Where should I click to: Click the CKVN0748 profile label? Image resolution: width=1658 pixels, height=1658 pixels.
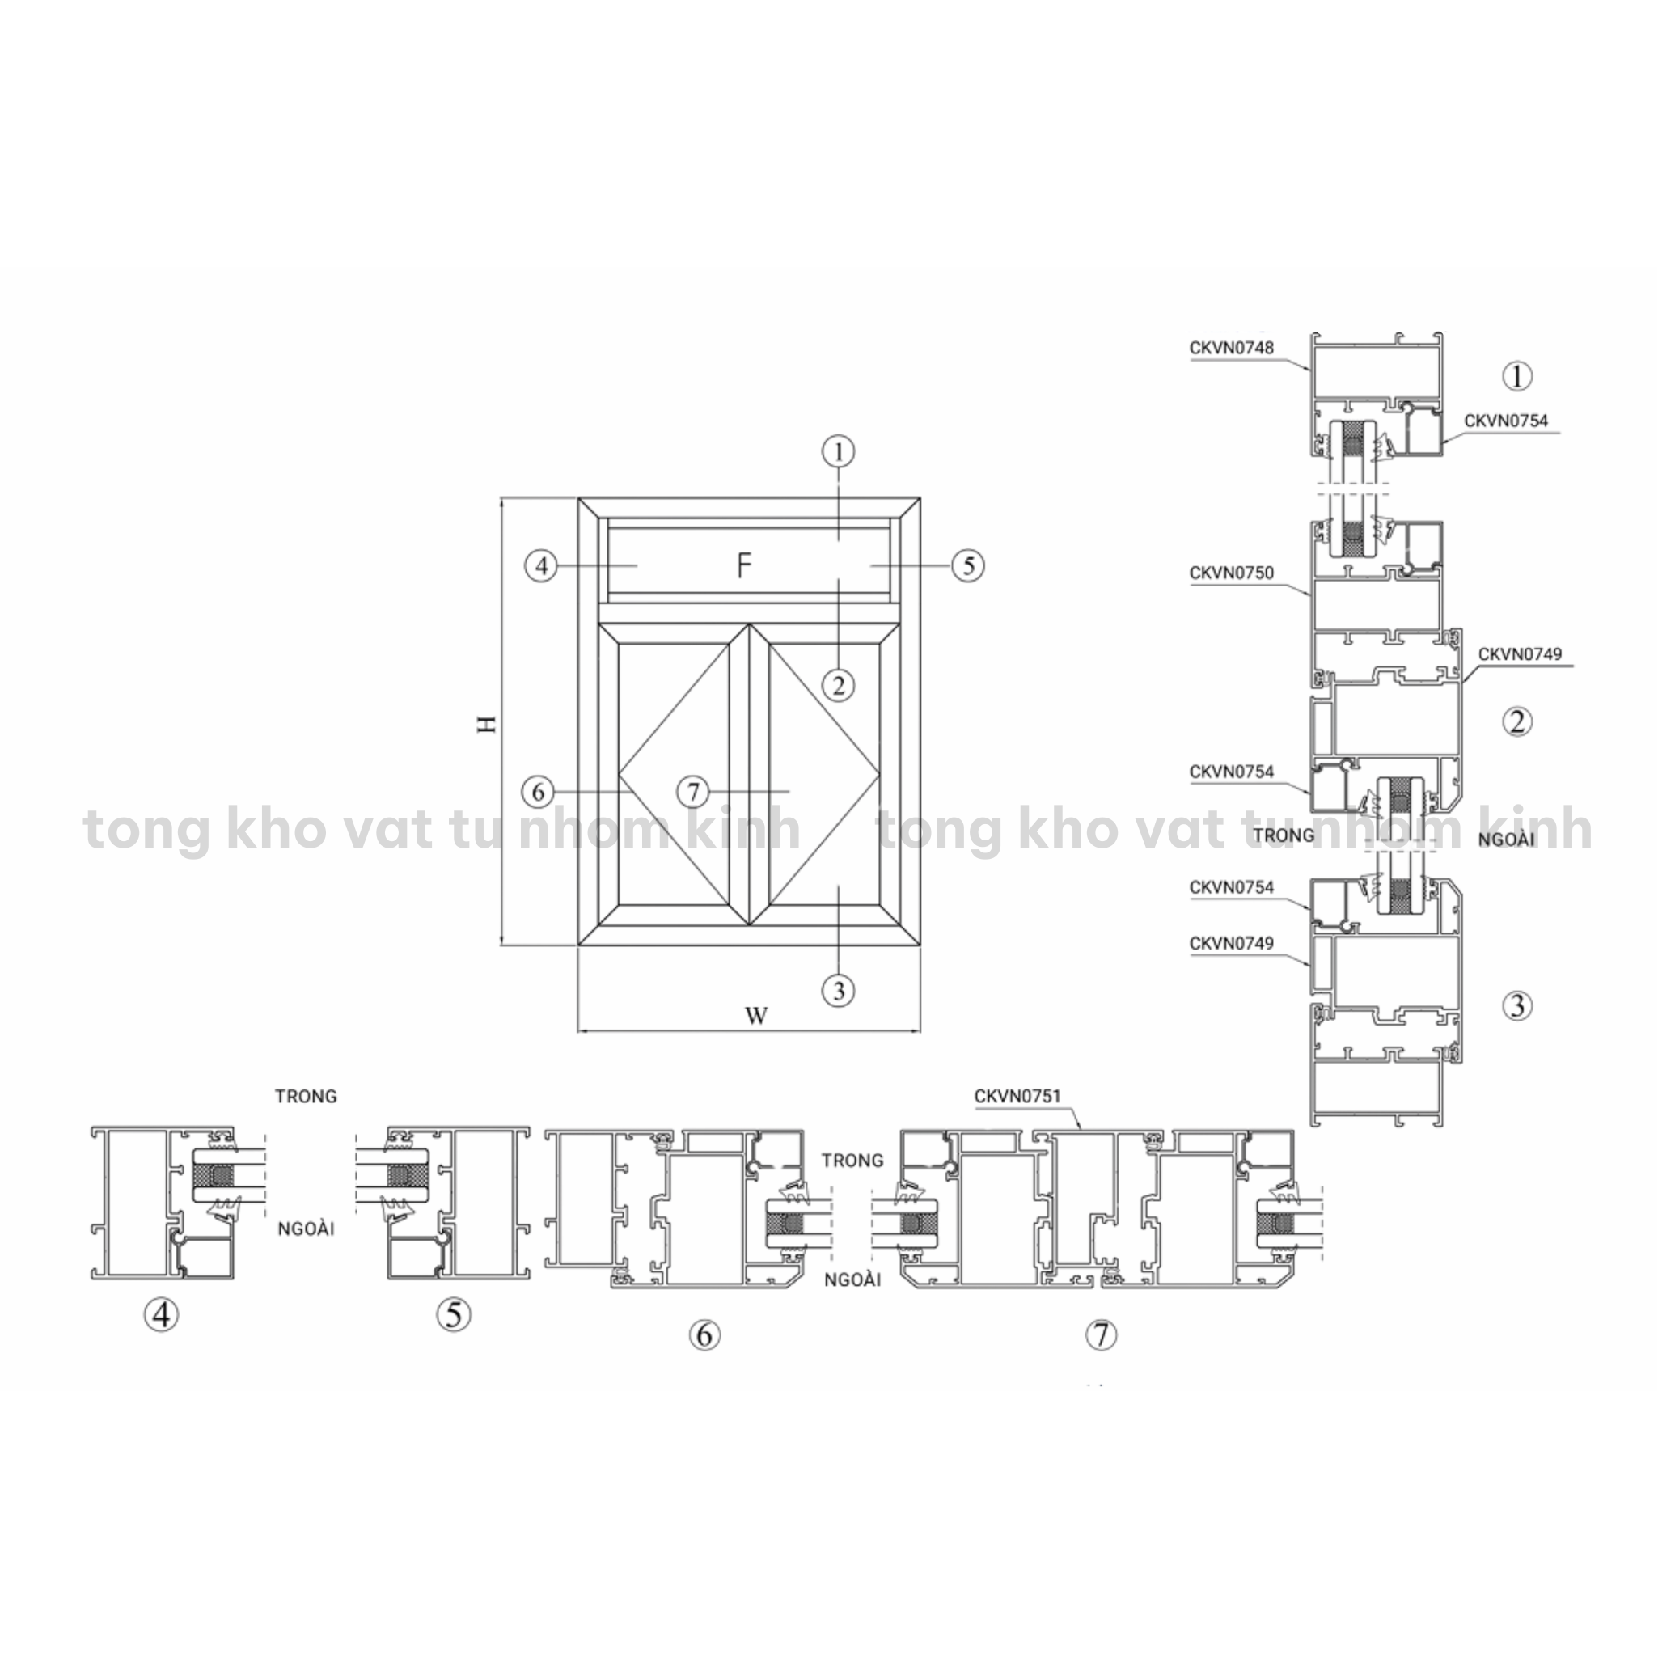(x=1232, y=348)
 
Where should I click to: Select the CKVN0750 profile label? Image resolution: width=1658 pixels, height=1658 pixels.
(x=1232, y=573)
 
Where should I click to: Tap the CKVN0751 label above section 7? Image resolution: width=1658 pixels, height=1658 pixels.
(x=1017, y=1096)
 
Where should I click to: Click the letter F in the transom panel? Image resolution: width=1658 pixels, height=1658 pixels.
(x=744, y=565)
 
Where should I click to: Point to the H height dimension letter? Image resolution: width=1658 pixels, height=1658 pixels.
(x=488, y=723)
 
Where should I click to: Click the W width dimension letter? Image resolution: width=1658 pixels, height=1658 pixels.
(x=755, y=1016)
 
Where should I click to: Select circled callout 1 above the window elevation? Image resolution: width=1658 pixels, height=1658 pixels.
(x=839, y=451)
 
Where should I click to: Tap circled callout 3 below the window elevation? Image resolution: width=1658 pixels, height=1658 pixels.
(x=839, y=992)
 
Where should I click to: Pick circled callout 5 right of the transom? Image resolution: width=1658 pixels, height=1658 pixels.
(x=968, y=565)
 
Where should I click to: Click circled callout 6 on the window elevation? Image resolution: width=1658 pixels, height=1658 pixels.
(x=539, y=791)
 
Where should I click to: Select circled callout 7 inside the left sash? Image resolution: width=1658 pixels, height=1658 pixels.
(x=693, y=791)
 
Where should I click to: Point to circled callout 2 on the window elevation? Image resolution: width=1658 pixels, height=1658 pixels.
(x=839, y=685)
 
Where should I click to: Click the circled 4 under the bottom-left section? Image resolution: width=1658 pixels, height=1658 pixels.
(x=161, y=1315)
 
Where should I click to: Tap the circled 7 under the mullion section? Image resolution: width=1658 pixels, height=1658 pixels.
(x=1102, y=1334)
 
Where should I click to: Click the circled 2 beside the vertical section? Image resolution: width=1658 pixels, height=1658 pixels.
(x=1517, y=721)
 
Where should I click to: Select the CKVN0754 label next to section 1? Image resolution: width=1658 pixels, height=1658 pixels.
(x=1506, y=421)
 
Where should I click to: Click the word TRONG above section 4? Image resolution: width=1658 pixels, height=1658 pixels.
(x=306, y=1096)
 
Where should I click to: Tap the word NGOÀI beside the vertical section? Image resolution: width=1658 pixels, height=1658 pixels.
(x=1506, y=840)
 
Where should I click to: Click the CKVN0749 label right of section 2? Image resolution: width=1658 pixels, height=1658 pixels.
(x=1520, y=654)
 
